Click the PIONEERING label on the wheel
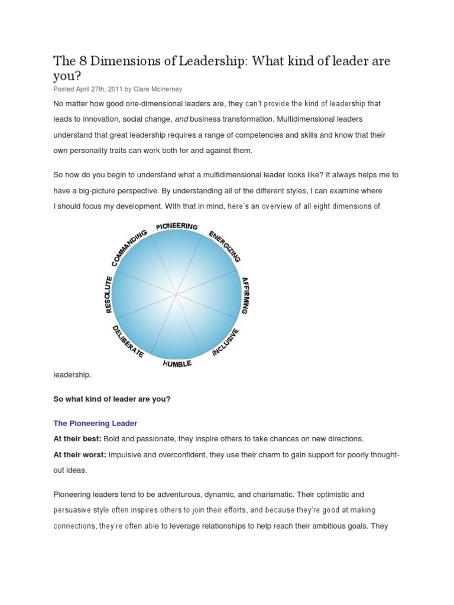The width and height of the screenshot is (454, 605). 177,226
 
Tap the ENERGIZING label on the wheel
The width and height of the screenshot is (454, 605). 225,246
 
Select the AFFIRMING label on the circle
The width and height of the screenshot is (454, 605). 246,295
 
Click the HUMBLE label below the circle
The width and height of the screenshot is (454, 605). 177,363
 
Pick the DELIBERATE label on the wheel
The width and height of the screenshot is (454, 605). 128,342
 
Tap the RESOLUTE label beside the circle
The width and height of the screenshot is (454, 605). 108,294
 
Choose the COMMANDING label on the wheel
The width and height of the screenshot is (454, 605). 128,248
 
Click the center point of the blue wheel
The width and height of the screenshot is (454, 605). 176,294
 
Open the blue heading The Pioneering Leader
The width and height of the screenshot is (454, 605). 95,423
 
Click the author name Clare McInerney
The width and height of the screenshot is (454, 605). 158,89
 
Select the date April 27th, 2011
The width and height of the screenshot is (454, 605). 99,89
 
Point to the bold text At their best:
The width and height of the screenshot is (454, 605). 77,439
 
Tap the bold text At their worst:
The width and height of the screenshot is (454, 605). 80,454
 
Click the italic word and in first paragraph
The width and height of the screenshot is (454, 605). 181,119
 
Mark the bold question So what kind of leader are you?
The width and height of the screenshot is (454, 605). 112,399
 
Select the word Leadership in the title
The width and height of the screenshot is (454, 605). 207,61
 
